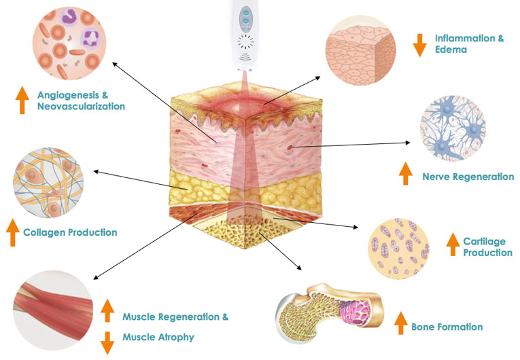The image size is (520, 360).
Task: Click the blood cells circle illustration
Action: pos(64,42)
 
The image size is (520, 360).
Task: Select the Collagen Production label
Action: pos(70,232)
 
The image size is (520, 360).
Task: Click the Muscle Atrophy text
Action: pos(158,337)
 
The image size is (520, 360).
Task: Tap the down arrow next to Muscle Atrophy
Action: pos(107,340)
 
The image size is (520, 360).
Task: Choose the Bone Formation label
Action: pos(447,327)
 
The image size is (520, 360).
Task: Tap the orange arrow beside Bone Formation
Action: pos(401,324)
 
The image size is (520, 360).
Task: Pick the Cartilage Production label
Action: pos(487,247)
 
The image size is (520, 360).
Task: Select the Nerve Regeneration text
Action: pos(468,177)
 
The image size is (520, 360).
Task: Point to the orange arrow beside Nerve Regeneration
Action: pos(406,174)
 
